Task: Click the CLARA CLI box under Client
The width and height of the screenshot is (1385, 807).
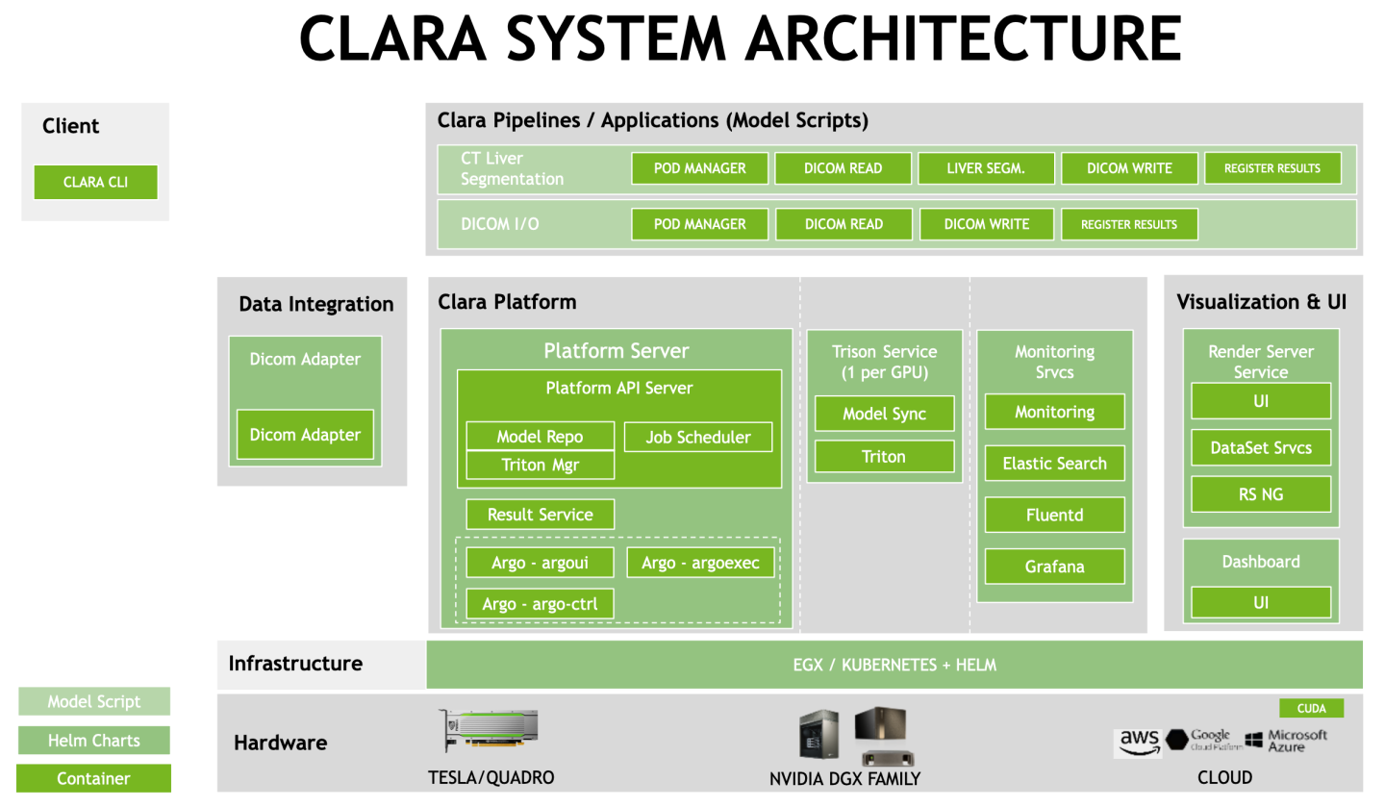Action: pos(95,182)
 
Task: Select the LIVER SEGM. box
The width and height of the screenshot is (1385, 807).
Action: pos(986,168)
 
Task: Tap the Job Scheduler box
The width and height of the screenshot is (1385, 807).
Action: pos(698,437)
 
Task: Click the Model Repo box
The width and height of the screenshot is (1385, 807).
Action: pos(540,436)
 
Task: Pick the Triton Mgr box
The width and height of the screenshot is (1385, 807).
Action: pos(540,465)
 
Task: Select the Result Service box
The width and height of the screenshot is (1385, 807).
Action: pos(540,515)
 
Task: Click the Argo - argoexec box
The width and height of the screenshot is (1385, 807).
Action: pos(700,563)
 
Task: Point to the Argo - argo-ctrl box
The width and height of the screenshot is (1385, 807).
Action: pos(540,604)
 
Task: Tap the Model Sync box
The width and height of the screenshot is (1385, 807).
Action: pos(884,414)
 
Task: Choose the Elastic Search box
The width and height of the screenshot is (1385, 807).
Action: pos(1054,464)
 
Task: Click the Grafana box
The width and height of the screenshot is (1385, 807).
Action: pos(1054,567)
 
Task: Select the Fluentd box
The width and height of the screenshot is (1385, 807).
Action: pos(1054,515)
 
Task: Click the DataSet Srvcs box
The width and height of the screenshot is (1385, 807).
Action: pos(1260,447)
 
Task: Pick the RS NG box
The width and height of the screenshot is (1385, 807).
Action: pos(1260,494)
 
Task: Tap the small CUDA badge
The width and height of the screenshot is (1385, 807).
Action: pos(1311,709)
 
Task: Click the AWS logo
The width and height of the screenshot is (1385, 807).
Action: pos(1139,743)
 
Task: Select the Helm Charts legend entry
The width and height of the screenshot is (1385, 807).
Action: pos(94,741)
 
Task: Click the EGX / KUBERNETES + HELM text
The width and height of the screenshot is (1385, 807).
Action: pos(894,665)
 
